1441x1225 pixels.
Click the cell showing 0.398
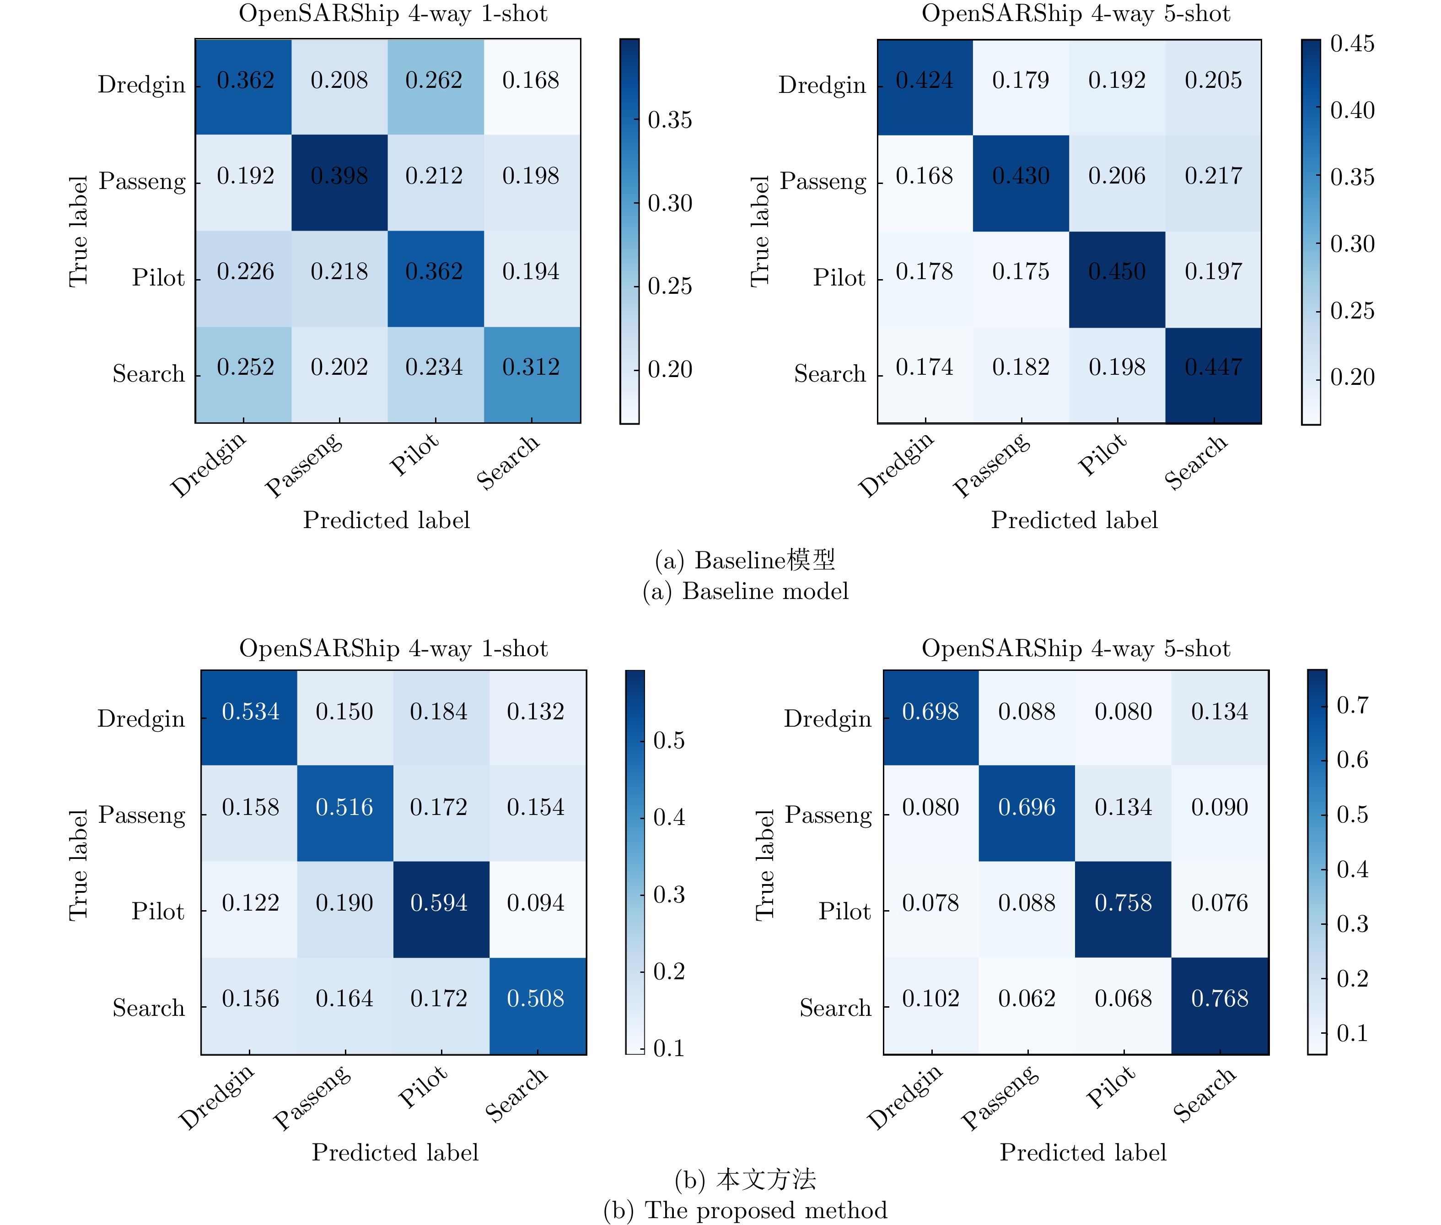coord(339,176)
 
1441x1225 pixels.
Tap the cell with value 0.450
coord(1117,271)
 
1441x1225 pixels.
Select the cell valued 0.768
coord(1220,998)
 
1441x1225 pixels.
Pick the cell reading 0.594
coord(439,903)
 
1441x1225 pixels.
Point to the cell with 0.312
coord(531,367)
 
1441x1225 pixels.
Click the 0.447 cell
coord(1213,367)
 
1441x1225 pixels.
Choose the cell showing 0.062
coord(1027,998)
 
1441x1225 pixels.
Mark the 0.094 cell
coord(535,903)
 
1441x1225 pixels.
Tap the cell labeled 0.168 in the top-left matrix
coord(531,81)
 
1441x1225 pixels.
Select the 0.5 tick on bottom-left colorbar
coord(668,740)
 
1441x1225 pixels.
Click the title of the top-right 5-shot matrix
coord(1075,14)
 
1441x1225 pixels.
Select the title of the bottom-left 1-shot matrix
coord(393,648)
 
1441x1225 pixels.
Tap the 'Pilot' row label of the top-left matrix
coord(158,278)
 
